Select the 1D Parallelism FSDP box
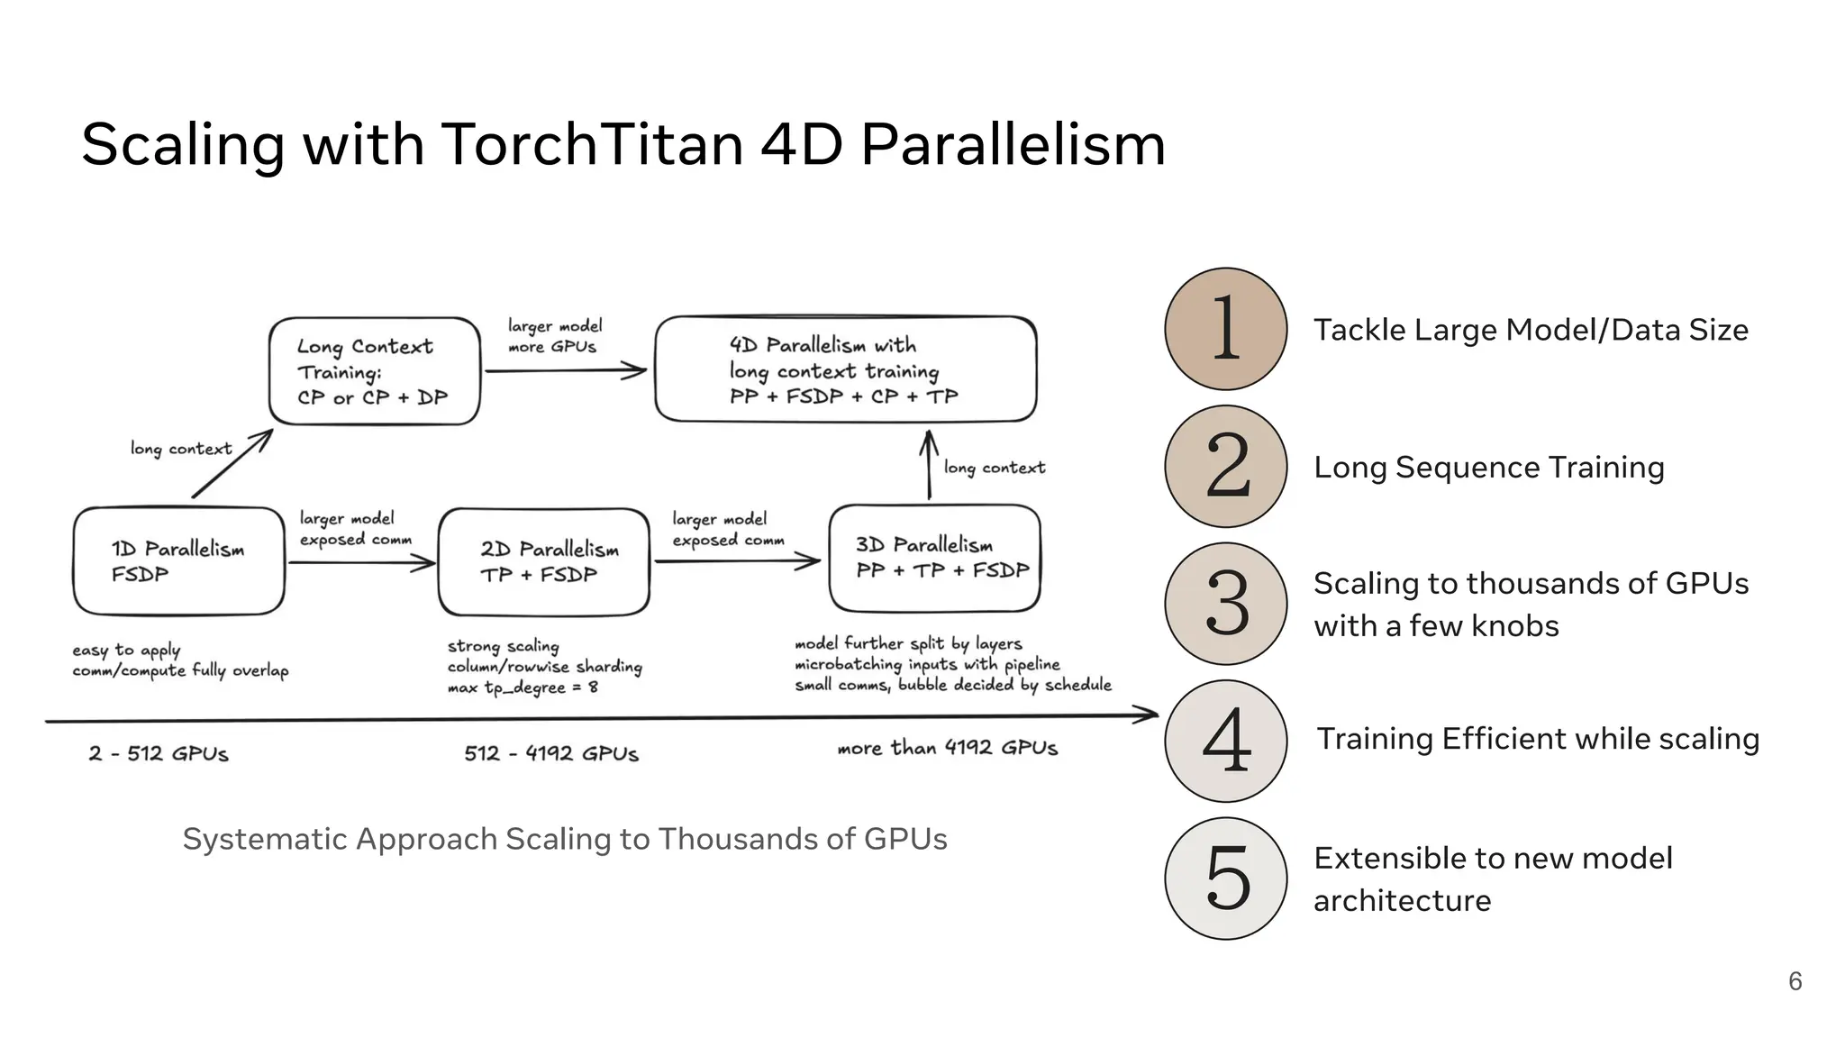pos(178,561)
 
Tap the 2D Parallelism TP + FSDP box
pos(543,562)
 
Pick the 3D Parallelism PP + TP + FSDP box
pos(934,558)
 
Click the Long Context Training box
pos(374,371)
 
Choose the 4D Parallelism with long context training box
pos(845,369)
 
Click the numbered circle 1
pos(1225,329)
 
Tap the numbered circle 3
pos(1225,604)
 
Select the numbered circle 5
pos(1225,879)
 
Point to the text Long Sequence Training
pos(1488,468)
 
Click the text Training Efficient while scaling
pos(1538,739)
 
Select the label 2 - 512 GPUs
pos(159,753)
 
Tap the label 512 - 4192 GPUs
pos(551,753)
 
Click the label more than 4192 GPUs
pos(947,748)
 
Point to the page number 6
pos(1795,981)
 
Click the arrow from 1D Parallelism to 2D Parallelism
pos(360,563)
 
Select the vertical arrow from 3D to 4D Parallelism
pos(929,465)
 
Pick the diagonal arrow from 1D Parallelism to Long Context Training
pos(232,464)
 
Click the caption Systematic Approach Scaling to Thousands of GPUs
pos(565,839)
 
